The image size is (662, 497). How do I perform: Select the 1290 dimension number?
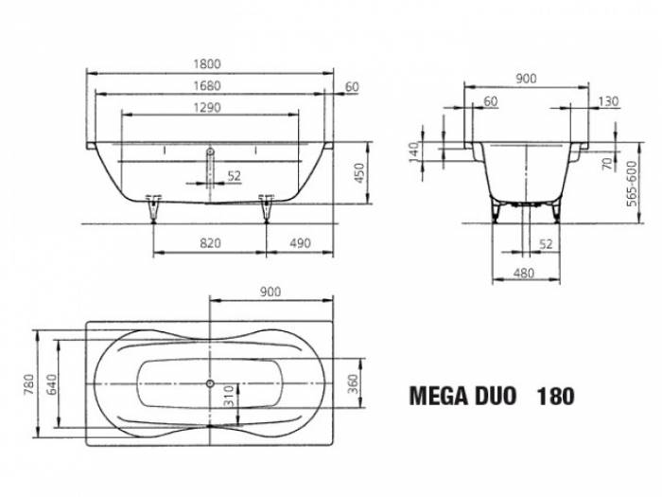click(206, 107)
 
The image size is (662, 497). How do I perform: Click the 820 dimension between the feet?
click(210, 243)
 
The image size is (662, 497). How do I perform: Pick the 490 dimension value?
click(300, 243)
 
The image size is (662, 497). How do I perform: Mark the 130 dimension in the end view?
click(609, 101)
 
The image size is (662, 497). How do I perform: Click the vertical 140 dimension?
click(414, 152)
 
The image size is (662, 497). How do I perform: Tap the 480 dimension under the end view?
click(523, 274)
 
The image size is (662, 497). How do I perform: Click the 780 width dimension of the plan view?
click(29, 386)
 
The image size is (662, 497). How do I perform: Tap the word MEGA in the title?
click(438, 396)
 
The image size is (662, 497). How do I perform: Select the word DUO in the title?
click(495, 396)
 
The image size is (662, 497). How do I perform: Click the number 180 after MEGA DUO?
click(554, 396)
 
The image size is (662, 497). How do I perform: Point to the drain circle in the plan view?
click(209, 383)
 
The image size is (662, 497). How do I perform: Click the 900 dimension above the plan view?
click(270, 293)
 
